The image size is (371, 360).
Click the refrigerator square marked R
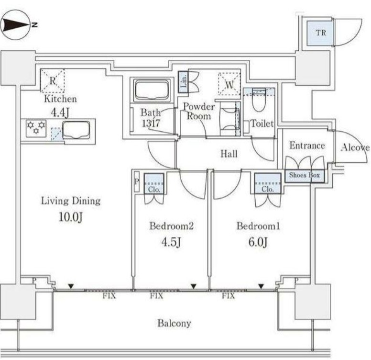pos(53,80)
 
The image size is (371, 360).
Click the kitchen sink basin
pos(76,130)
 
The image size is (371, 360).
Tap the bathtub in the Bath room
pos(153,89)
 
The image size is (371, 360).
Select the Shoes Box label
pos(305,176)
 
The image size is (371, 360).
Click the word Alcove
pos(354,147)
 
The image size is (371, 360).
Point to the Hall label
pos(229,154)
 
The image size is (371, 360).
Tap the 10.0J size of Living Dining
pos(70,217)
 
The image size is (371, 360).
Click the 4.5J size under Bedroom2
pos(171,242)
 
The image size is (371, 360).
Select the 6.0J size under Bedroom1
pos(258,242)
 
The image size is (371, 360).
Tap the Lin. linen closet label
pos(183,82)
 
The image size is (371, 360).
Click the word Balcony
pos(174,323)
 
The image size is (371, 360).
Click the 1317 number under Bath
pos(150,123)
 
